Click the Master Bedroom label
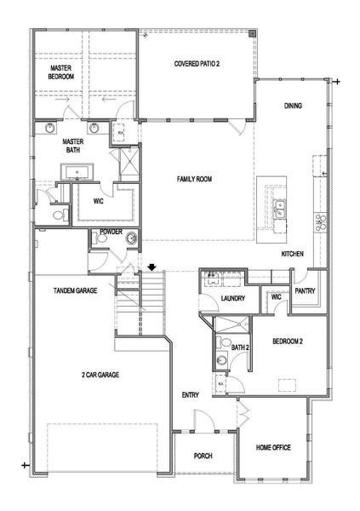click(61, 72)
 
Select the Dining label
click(294, 106)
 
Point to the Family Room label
click(194, 179)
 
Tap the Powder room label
click(111, 231)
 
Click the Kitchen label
click(294, 253)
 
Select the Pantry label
click(307, 290)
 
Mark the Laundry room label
click(232, 299)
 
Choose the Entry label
click(190, 395)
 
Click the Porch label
click(202, 456)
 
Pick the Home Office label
click(274, 445)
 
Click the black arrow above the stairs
click(151, 267)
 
